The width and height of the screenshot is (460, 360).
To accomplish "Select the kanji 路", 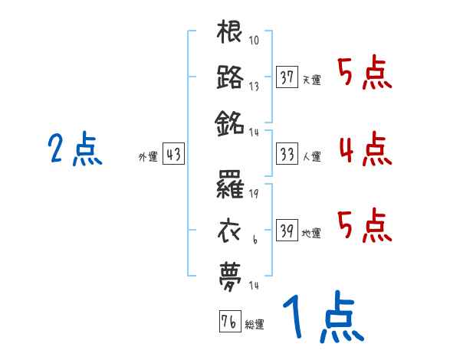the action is pyautogui.click(x=230, y=77).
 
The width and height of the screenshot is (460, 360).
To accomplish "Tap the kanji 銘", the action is pyautogui.click(x=230, y=123).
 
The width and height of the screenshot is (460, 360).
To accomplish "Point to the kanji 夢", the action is pyautogui.click(x=230, y=273).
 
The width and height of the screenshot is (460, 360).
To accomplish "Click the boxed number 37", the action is pyautogui.click(x=287, y=77).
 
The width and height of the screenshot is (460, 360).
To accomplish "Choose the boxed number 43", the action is pyautogui.click(x=173, y=154).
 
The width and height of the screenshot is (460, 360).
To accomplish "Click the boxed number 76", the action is pyautogui.click(x=229, y=322).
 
